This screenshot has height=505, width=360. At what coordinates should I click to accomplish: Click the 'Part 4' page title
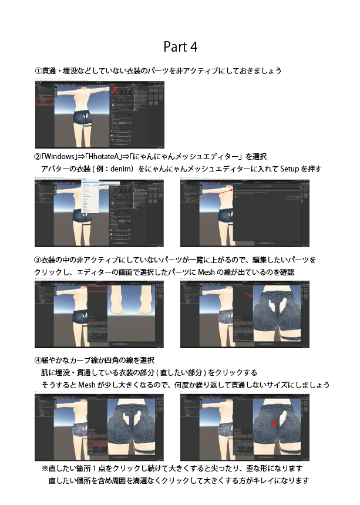click(x=180, y=46)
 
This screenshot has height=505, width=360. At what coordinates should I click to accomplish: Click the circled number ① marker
click(x=38, y=71)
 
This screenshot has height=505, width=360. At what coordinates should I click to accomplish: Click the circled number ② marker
click(x=38, y=157)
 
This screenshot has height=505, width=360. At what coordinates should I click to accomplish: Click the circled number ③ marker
click(x=38, y=260)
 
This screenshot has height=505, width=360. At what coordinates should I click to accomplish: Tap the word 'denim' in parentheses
click(x=141, y=169)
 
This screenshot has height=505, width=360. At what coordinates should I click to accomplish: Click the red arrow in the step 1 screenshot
click(x=116, y=89)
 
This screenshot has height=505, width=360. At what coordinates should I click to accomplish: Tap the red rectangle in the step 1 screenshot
click(x=45, y=102)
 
